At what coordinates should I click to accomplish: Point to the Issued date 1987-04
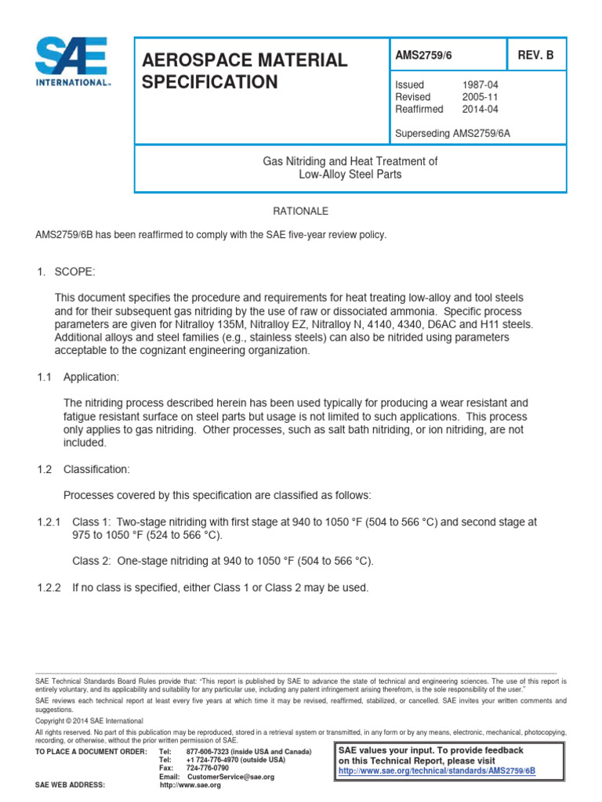[x=481, y=85]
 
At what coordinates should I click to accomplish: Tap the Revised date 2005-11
[x=481, y=96]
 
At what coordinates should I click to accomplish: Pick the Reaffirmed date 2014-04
[x=481, y=109]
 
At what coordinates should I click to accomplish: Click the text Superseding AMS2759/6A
[x=454, y=132]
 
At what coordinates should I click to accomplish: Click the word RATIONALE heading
[x=300, y=211]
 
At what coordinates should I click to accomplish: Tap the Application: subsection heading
[x=91, y=377]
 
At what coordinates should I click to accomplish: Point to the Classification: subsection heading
[x=96, y=469]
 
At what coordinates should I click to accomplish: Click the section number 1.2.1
[x=48, y=522]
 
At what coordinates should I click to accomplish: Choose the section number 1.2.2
[x=48, y=587]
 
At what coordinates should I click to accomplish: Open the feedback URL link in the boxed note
[x=437, y=771]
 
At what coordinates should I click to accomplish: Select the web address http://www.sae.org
[x=190, y=785]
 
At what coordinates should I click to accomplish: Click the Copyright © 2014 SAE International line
[x=89, y=720]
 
